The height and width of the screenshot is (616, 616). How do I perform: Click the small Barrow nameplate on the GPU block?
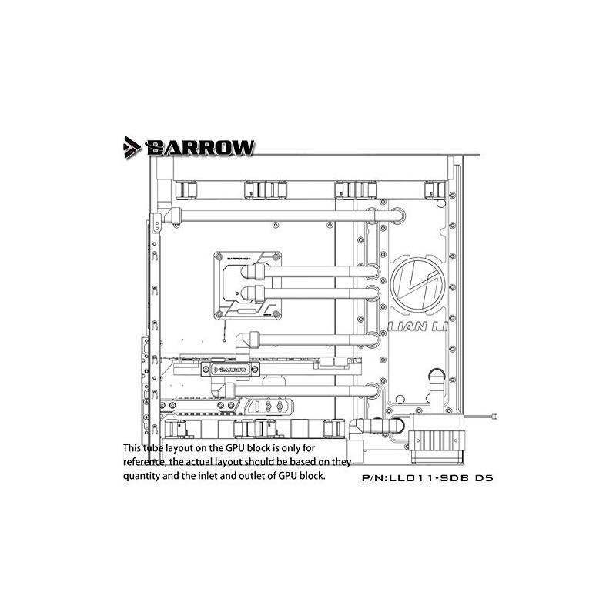[x=228, y=370]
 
